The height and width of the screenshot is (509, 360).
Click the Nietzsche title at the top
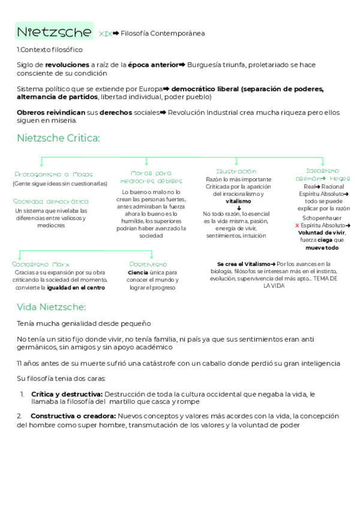pyautogui.click(x=53, y=32)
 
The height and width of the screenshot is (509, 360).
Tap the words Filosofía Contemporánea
pyautogui.click(x=163, y=34)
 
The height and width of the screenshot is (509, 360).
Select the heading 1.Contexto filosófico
pyautogui.click(x=50, y=50)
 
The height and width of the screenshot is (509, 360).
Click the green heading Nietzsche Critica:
pyautogui.click(x=58, y=139)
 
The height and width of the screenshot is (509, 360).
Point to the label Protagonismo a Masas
pyautogui.click(x=53, y=174)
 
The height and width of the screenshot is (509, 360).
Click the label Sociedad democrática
pyautogui.click(x=51, y=202)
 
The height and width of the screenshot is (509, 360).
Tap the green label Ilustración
pyautogui.click(x=236, y=172)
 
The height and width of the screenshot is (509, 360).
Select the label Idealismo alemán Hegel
pyautogui.click(x=323, y=175)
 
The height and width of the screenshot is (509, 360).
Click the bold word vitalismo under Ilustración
pyautogui.click(x=238, y=201)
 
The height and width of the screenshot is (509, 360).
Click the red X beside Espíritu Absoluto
pyautogui.click(x=297, y=226)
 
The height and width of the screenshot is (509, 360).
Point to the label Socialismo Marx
pyautogui.click(x=41, y=264)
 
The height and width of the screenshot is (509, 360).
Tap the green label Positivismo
pyautogui.click(x=148, y=264)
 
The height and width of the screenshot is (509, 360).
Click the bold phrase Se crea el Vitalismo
pyautogui.click(x=243, y=264)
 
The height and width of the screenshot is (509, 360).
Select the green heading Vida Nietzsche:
pyautogui.click(x=52, y=307)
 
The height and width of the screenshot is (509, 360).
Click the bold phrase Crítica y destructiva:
pyautogui.click(x=66, y=394)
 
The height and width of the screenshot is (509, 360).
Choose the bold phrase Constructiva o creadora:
pyautogui.click(x=73, y=415)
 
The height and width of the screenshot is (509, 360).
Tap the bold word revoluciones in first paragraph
pyautogui.click(x=66, y=65)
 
